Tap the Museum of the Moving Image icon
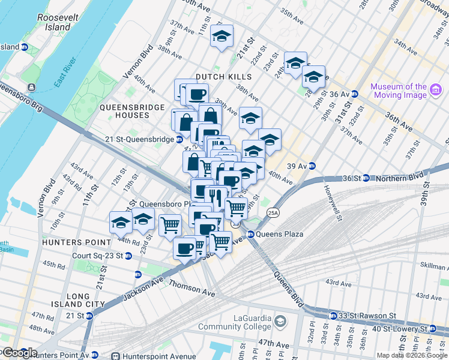[x=436, y=91]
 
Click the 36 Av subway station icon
[x=355, y=94]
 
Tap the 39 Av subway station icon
[x=312, y=166]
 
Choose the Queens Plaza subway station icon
[x=251, y=234]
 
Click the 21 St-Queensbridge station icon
[x=179, y=139]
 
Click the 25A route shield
[x=273, y=212]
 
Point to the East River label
[x=65, y=73]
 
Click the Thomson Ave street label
[x=192, y=288]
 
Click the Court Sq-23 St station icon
[x=137, y=275]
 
